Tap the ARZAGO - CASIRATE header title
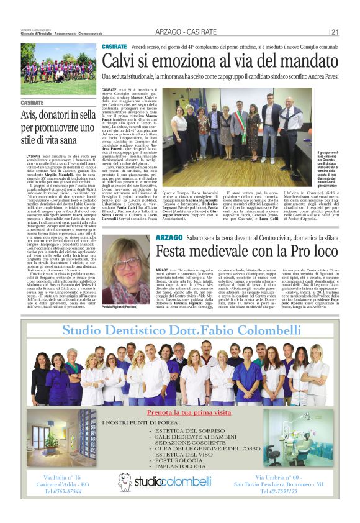[x=192, y=32]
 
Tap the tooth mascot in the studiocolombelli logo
[x=125, y=482]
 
